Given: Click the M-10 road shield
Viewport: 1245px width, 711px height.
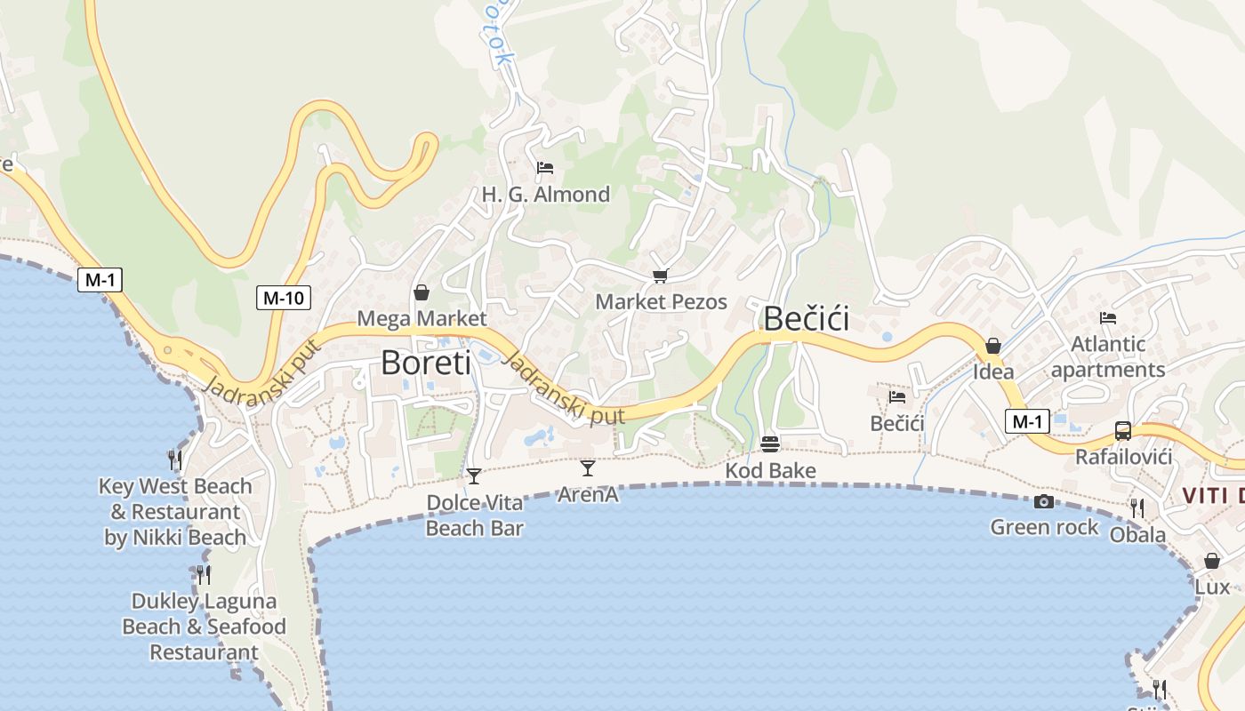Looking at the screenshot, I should pos(284,298).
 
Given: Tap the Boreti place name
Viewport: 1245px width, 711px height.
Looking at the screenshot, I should pos(426,363).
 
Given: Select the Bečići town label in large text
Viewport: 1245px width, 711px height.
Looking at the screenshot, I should pos(807,319).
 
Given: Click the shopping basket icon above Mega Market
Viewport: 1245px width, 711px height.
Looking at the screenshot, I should pos(422,292).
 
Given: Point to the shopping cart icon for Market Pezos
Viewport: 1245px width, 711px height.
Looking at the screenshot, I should pos(660,276).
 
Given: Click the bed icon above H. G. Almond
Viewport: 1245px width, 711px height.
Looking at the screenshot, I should pos(545,168).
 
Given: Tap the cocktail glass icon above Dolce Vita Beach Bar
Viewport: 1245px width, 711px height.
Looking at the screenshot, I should pos(474,476).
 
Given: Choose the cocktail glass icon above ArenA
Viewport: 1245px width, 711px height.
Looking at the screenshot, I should pos(587,467).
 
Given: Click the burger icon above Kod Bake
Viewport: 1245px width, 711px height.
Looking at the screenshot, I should pos(770,444).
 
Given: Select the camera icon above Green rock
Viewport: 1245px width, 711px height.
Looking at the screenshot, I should pos(1044,502).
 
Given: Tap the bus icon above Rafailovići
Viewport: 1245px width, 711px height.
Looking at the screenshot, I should pos(1123,431).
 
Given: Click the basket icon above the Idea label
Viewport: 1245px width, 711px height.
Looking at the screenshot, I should pos(993,346).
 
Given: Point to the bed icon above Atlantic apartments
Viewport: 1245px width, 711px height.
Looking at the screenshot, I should pos(1107,317).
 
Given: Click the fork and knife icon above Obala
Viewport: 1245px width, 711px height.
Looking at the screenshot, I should pos(1137,508).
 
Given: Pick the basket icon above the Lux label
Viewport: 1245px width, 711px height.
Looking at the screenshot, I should pos(1211,561).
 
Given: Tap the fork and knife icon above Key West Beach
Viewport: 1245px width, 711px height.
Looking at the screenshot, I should pos(175,459).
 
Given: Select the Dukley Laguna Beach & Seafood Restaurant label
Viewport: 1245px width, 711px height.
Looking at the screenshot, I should pos(204,627).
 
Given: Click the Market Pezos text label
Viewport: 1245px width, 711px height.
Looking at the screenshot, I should pos(661,302).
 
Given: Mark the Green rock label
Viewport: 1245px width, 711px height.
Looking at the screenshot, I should pos(1044,527).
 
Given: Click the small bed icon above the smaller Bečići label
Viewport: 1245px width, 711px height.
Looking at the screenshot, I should pos(897,397).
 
